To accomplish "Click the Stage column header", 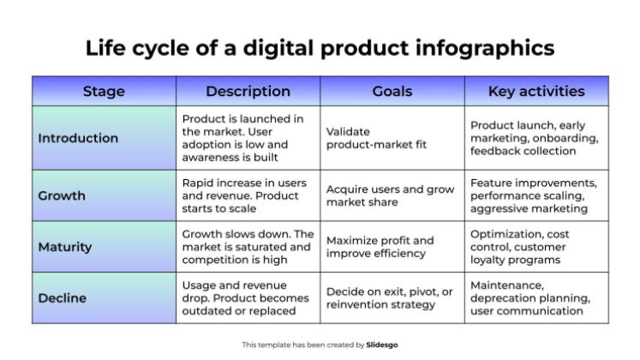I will point(104,91).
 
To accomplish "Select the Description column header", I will point(248,91).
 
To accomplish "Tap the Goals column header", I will point(392,91).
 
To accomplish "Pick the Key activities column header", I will point(536,91).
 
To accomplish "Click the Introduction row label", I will point(78,138).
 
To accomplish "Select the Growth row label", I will point(62,195).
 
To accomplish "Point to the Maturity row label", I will point(64,247).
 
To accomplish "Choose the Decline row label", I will point(61,298).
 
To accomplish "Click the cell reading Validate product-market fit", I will point(376,138).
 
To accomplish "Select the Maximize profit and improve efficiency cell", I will point(380,247).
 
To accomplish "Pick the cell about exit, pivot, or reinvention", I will point(390,298).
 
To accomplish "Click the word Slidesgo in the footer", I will point(382,345).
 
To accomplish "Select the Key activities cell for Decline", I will point(530,298).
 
